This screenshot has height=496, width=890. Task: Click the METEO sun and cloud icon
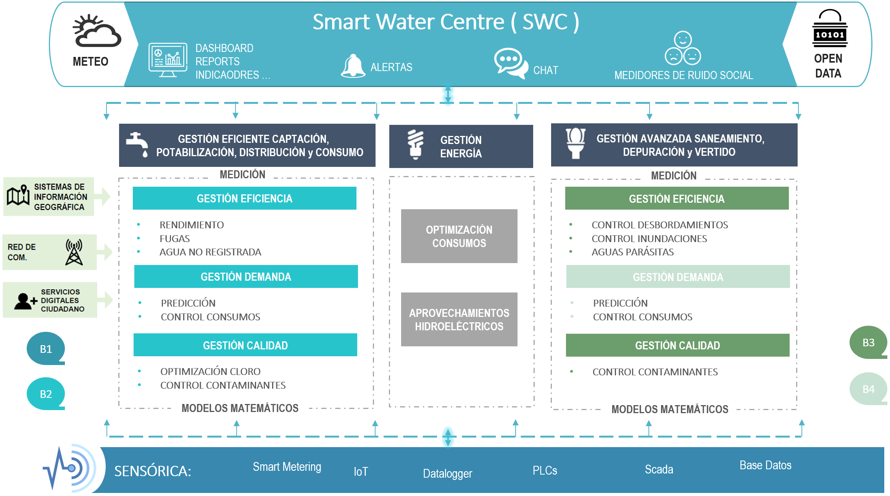pos(97,31)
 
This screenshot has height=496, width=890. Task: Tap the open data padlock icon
pos(830,28)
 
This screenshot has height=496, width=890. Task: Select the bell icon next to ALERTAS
pos(353,66)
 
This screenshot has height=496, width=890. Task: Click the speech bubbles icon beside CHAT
pos(511,63)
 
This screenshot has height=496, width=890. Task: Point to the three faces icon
pos(683,48)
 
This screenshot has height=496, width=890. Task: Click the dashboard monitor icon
pos(168,60)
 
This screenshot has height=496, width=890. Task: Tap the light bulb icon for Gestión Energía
pos(415,144)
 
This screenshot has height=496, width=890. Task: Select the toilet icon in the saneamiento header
pos(576,143)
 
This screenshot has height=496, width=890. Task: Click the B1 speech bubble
pos(46,348)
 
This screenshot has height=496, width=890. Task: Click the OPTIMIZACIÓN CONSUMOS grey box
pos(459,236)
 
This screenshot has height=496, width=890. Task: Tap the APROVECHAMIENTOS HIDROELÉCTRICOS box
pos(459,319)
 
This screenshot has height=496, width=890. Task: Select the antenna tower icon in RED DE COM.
pos(74,252)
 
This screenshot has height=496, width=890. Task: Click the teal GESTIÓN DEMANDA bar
pos(246,276)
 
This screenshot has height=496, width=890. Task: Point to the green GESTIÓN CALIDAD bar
pos(677,345)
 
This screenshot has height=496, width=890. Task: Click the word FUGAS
pos(174,239)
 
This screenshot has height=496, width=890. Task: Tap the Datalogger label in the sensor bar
pos(447,473)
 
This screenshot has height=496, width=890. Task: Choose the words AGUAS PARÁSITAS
pos(632,252)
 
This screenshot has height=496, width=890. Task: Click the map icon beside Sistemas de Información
pos(18,195)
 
